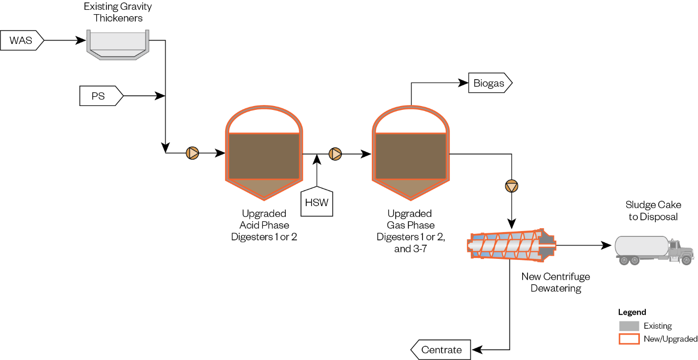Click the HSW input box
[317, 201]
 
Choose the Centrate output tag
[441, 350]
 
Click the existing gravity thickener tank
[118, 45]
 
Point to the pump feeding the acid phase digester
[193, 153]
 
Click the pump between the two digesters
[336, 154]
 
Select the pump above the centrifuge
[511, 186]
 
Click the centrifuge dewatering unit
[511, 244]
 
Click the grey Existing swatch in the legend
[629, 326]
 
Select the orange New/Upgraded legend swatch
[629, 339]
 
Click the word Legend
[632, 313]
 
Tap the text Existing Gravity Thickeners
[118, 13]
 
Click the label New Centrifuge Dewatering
[555, 282]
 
